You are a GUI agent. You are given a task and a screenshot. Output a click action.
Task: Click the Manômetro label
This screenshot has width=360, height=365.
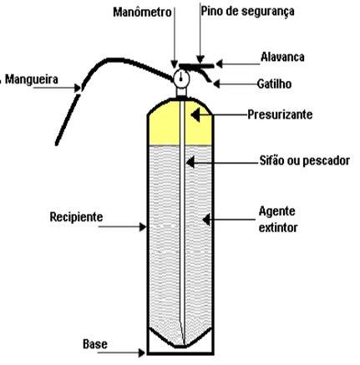pos(142,12)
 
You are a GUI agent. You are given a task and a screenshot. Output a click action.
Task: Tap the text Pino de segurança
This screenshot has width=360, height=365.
pos(247,12)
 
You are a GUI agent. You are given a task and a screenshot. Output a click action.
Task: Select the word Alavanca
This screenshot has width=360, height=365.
pos(282,57)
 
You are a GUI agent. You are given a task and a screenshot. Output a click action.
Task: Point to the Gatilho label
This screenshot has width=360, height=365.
pos(274,84)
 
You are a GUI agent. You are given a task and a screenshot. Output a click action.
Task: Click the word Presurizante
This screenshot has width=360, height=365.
pos(280,114)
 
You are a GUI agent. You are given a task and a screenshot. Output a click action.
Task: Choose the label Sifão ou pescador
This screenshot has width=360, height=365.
pos(305,160)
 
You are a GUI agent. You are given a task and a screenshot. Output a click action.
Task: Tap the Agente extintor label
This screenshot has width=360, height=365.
pos(278,220)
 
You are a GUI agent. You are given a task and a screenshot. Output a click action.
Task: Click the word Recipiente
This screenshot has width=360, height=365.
pos(76,217)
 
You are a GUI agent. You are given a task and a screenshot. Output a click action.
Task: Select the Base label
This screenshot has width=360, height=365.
pos(95,344)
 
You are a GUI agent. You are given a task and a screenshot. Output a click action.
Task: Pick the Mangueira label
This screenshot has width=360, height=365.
pos(32,79)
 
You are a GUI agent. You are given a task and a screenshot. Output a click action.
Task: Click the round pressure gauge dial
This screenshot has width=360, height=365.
pos(181,79)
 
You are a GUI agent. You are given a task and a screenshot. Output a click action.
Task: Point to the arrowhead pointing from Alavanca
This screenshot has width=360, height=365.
pos(219,63)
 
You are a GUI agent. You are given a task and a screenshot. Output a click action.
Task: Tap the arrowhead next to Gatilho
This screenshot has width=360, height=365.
pos(216,84)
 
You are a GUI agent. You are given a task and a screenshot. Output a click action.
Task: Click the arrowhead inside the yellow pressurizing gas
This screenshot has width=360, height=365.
pos(195,114)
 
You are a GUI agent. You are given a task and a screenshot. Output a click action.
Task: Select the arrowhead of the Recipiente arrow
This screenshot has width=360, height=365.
pos(143,226)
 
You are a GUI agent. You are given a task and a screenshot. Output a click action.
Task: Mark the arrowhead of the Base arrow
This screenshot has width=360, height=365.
pos(141,352)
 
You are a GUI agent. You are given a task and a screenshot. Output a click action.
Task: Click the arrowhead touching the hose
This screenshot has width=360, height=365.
pos(78,89)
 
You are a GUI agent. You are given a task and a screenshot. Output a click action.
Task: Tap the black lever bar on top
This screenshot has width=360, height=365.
pos(196,66)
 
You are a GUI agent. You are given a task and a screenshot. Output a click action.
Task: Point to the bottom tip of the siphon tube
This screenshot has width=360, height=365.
pos(183,344)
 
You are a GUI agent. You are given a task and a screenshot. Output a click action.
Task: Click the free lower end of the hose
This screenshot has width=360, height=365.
pos(57,144)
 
